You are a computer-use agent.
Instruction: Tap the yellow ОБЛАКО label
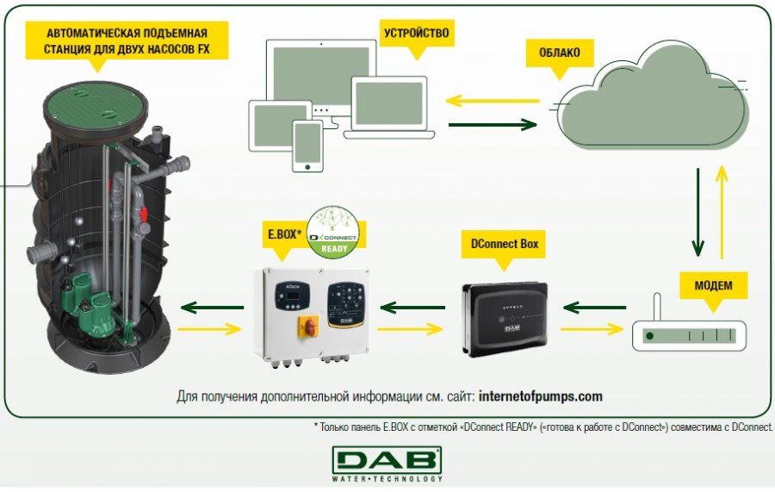[x=559, y=53]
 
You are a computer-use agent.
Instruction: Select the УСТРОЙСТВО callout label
[x=416, y=34]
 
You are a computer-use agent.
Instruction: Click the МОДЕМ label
[x=712, y=283]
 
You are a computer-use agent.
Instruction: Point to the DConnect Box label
[x=505, y=244]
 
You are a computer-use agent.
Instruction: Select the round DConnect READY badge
[x=334, y=228]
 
